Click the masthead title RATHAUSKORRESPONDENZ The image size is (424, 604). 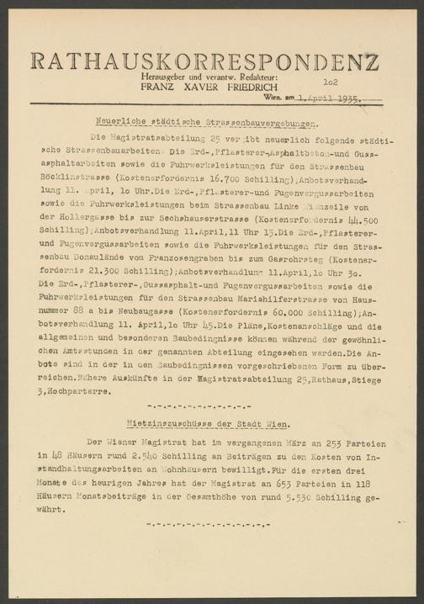204,61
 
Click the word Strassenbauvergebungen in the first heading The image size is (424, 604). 225,122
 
